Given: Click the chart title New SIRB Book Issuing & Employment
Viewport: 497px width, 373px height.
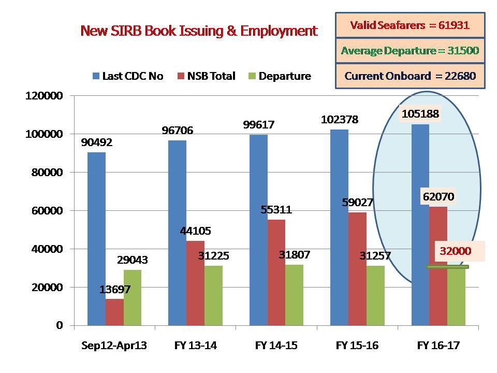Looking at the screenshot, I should [199, 31].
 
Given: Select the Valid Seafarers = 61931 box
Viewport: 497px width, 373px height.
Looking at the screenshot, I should [410, 25].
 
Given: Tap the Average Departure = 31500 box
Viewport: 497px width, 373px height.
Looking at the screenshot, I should [410, 51].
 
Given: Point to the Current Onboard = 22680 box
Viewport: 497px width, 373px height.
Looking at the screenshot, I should [410, 76].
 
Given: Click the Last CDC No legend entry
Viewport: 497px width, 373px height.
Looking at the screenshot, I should [128, 76].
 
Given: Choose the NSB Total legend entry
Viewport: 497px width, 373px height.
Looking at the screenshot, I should [206, 76].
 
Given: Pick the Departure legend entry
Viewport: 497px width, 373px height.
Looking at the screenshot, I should [280, 76].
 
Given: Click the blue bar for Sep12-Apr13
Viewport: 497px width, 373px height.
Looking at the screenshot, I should [96, 238].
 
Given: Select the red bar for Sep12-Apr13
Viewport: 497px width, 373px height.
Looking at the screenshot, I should [114, 312].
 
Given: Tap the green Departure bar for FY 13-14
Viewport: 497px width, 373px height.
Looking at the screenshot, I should [213, 295].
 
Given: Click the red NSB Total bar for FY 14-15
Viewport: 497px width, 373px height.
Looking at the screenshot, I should [276, 272].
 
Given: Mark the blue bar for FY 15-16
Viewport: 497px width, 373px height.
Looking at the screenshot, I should [339, 228].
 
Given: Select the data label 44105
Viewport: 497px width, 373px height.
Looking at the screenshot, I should [196, 231].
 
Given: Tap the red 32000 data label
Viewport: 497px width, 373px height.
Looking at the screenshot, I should [456, 251].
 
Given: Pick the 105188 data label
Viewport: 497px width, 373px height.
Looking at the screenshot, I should [420, 113].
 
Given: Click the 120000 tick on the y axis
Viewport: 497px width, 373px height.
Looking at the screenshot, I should [45, 96].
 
